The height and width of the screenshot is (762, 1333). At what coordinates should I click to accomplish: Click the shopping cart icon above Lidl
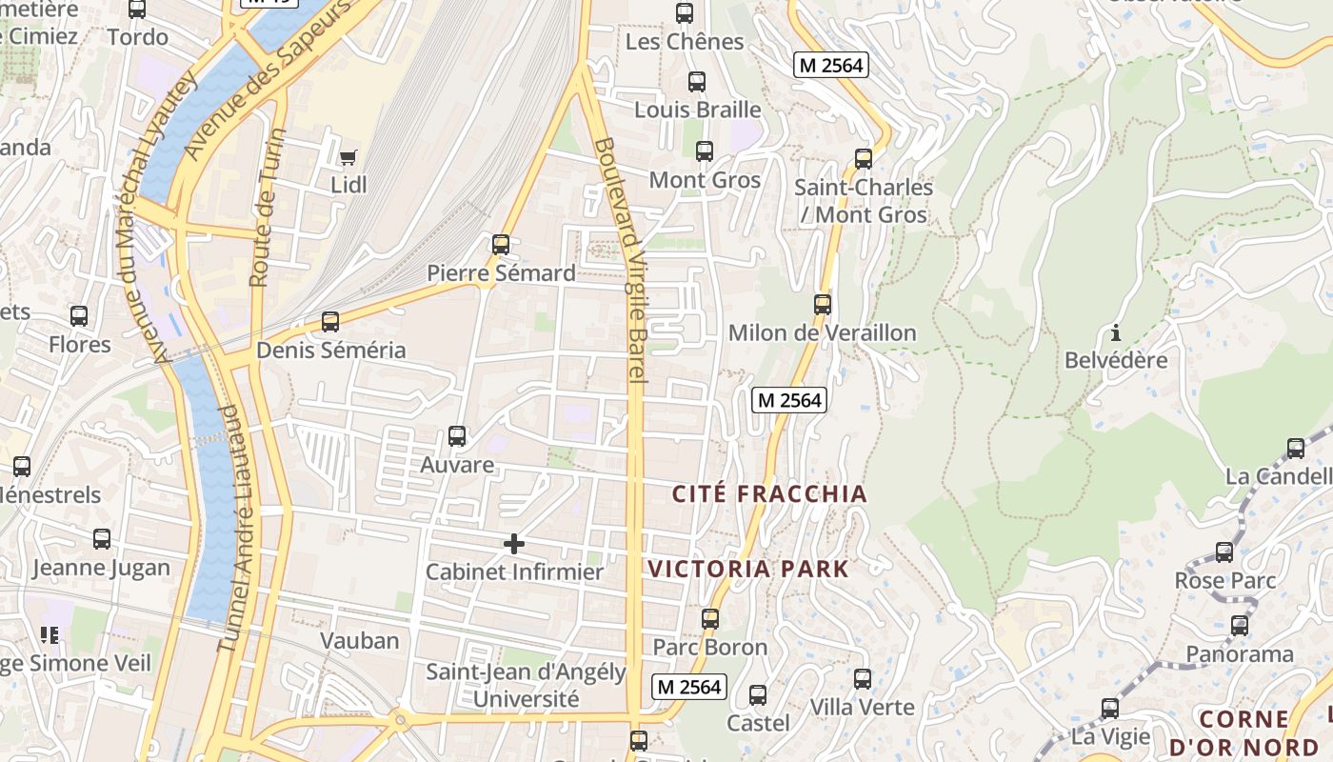click(348, 156)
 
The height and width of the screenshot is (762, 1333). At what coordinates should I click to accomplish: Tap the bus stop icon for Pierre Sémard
click(501, 245)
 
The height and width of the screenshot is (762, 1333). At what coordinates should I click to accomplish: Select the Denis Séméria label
click(331, 350)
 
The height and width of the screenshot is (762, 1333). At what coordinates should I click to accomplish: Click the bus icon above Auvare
click(457, 436)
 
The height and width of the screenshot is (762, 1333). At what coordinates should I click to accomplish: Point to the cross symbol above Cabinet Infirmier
click(514, 544)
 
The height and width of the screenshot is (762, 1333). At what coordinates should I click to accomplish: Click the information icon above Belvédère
click(1116, 332)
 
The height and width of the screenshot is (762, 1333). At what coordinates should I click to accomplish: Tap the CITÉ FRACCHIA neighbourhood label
click(769, 493)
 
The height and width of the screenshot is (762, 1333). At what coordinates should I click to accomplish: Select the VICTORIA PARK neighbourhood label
click(748, 569)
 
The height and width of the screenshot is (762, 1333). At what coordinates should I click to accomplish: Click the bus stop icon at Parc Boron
click(710, 619)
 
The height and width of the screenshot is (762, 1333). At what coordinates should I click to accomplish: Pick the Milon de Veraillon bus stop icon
click(823, 305)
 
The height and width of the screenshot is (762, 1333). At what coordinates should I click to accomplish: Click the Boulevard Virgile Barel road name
click(621, 262)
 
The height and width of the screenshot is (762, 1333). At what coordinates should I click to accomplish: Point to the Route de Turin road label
click(266, 208)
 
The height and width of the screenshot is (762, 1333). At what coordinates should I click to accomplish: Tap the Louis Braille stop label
click(698, 110)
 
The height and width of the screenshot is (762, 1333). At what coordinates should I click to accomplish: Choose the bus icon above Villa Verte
click(863, 679)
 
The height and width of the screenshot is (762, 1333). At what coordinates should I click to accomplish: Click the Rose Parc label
click(1224, 580)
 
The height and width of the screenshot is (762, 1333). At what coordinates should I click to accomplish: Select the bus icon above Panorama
click(1240, 626)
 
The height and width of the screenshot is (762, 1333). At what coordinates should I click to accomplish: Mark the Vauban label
click(359, 640)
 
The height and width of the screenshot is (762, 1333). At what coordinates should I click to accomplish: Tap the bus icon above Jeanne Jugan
click(102, 539)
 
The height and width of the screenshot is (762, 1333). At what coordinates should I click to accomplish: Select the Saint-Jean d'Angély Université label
click(526, 685)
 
